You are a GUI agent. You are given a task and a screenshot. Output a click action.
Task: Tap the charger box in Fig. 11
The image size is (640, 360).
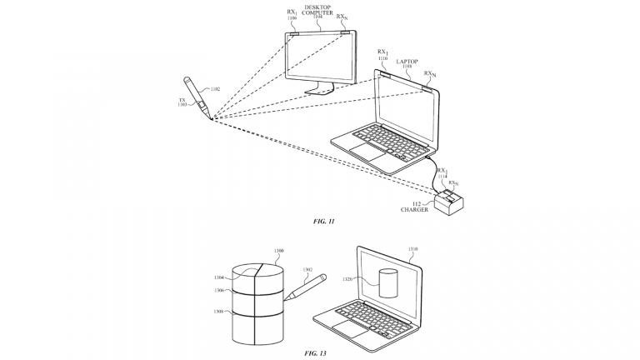(451, 202)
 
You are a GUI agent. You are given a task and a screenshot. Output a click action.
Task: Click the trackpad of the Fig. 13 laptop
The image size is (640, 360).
(344, 322)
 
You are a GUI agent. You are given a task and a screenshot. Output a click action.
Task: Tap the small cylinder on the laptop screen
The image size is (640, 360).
(387, 285)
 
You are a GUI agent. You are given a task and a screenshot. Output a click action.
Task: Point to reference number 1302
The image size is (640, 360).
(308, 271)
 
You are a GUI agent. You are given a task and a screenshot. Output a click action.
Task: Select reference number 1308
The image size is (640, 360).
(217, 310)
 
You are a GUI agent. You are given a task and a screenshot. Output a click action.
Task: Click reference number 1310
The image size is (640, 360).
(413, 249)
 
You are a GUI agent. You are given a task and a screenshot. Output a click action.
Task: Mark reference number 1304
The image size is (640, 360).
(218, 276)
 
